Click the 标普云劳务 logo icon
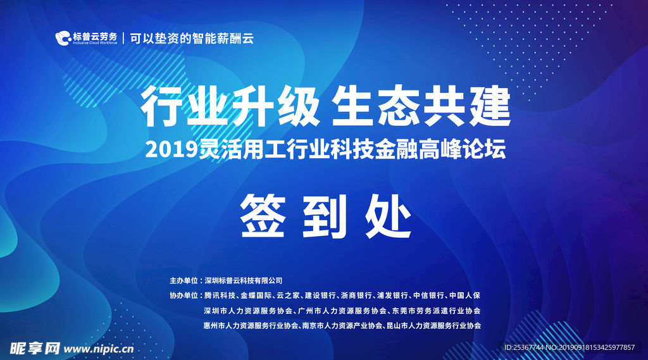63,39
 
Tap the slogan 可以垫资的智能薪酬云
192,38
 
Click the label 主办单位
183,280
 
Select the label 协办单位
183,295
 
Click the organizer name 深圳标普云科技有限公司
242,280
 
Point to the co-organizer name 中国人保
465,295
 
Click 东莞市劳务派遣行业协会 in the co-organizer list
437,311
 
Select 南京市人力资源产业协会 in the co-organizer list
342,326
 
